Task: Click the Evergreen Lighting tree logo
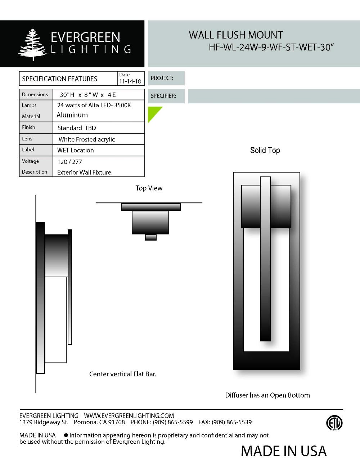(32, 45)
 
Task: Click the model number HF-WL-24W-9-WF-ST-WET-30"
(271, 48)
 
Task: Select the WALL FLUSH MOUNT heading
(236, 35)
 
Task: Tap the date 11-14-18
(130, 81)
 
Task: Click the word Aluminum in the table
(72, 115)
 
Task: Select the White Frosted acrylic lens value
(86, 139)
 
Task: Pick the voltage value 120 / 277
(69, 162)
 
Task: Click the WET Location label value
(75, 150)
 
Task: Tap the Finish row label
(28, 127)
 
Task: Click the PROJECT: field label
(162, 78)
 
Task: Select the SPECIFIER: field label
(163, 96)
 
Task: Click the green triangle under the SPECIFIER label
(153, 112)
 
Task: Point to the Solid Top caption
(265, 151)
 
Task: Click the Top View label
(149, 188)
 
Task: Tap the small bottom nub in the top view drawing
(150, 237)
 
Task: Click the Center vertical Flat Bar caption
(122, 374)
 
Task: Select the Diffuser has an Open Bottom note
(267, 395)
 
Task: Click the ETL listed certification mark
(334, 423)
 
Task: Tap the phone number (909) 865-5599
(172, 422)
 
